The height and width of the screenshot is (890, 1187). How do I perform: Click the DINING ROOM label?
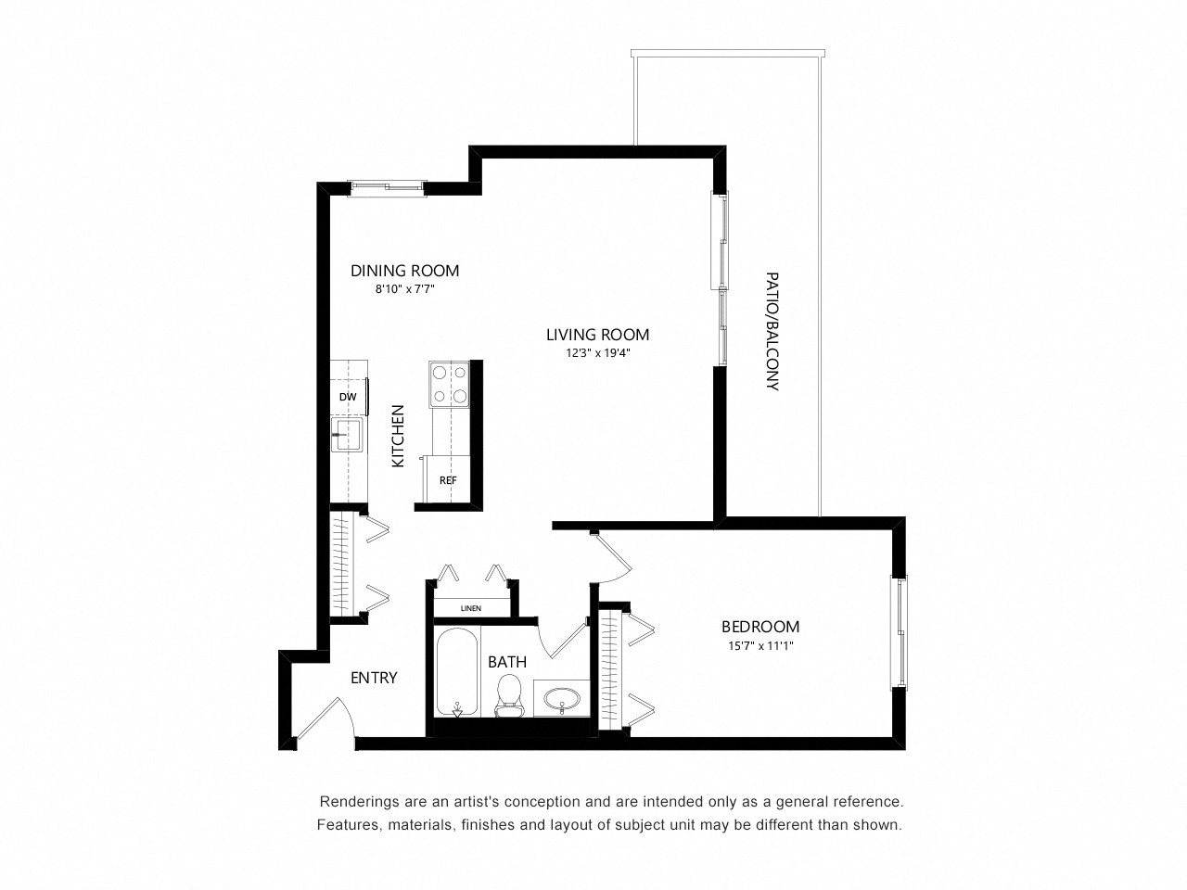pos(404,271)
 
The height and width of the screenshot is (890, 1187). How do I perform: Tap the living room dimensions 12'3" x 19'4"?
pos(598,353)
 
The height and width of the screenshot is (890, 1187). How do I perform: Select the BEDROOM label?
pos(760,627)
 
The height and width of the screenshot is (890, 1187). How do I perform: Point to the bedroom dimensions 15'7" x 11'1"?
pos(760,645)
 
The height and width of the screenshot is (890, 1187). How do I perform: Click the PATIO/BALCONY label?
pos(772,331)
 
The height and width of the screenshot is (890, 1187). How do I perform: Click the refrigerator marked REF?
pos(447,479)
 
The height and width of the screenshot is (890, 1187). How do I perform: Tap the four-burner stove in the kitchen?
pos(450,384)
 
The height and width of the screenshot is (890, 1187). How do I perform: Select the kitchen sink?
pos(347,435)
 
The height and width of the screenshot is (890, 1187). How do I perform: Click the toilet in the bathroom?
pos(509,695)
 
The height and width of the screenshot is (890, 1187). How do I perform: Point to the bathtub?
pos(457,672)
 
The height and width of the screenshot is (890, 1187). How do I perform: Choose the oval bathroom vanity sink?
pos(561,700)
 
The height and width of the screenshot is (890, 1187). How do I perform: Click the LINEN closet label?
pos(471,608)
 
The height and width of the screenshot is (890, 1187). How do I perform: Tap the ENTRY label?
pos(375,678)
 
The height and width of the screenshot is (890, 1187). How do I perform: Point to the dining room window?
pos(387,188)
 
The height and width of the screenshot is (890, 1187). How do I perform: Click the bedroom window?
pos(900,632)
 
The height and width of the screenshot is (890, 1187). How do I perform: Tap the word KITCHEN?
pos(398,436)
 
